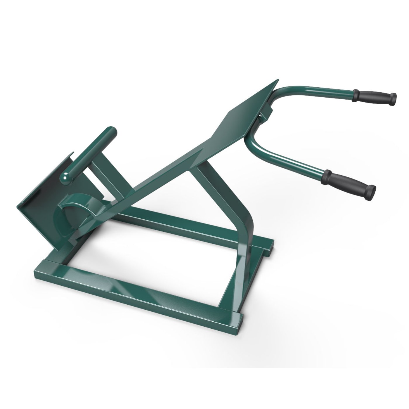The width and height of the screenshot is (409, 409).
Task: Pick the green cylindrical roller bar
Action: click(x=89, y=152)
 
